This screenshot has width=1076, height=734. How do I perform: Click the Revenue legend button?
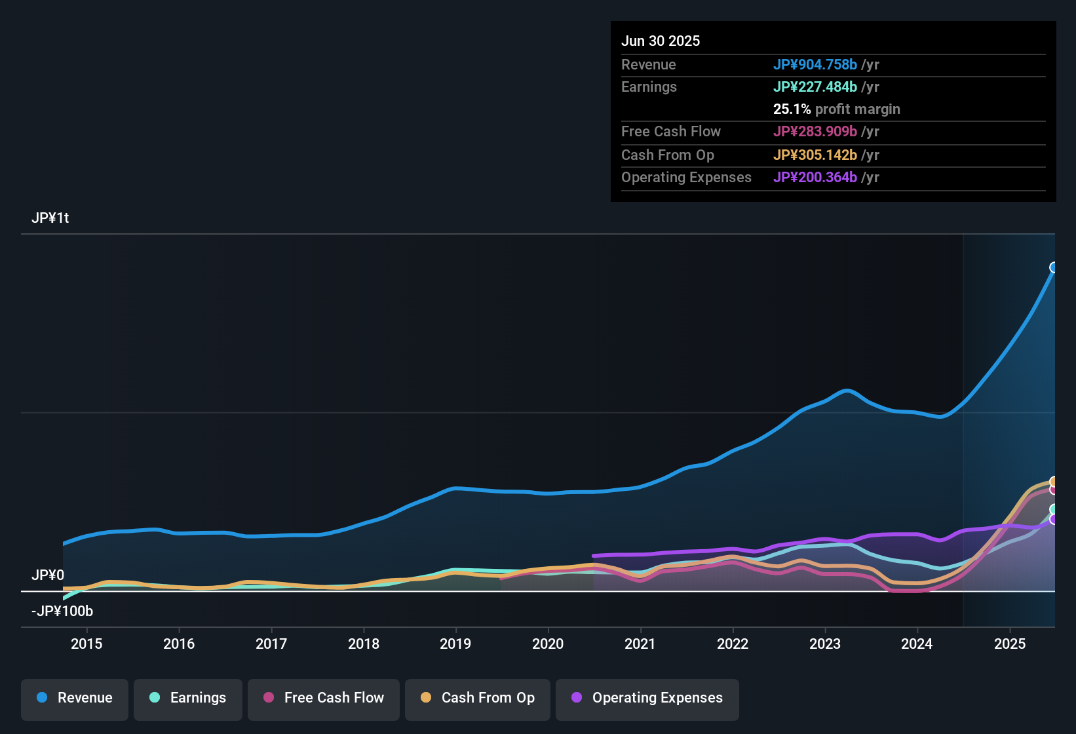(75, 698)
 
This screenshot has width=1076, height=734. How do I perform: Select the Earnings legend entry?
(188, 698)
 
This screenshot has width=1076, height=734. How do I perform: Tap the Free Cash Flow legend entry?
(324, 698)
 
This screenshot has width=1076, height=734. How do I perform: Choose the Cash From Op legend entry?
(478, 698)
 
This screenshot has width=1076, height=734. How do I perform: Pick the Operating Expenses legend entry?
(647, 698)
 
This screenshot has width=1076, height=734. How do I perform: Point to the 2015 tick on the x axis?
(86, 644)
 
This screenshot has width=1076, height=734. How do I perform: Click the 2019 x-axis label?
(455, 644)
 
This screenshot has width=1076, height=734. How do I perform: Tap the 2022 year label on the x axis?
(733, 644)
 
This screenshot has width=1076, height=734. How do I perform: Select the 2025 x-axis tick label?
(1010, 644)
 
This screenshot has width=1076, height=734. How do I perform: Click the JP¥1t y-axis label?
(50, 218)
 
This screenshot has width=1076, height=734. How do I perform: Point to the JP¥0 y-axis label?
(48, 575)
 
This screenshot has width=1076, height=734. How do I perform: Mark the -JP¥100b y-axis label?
(62, 611)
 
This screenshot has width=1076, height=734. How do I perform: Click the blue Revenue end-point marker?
(1054, 267)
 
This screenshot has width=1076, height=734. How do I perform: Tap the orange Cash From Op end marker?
(1054, 482)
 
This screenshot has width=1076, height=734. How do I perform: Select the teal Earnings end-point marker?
(1054, 509)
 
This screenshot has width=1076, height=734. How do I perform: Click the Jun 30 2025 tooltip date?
(661, 41)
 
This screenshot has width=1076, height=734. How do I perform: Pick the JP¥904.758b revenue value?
(815, 64)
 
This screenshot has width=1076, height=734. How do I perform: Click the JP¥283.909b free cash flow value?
(815, 131)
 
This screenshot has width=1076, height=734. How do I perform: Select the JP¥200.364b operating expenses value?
(815, 177)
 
